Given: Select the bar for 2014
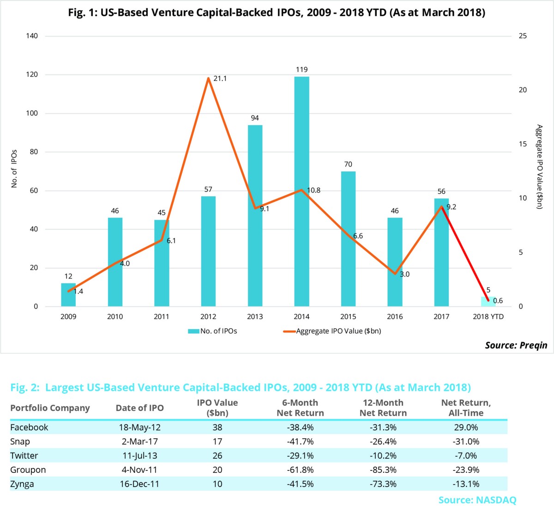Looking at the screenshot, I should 301,194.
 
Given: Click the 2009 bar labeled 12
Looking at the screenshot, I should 68,295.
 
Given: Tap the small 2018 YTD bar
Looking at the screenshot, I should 488,302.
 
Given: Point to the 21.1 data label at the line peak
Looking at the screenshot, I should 220,78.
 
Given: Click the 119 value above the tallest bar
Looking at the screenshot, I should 301,70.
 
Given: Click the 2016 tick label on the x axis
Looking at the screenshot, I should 395,317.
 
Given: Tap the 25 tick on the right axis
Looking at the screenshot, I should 523,36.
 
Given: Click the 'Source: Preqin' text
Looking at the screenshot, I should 516,345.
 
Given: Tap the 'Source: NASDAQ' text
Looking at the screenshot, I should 477,500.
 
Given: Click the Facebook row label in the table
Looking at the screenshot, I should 29,428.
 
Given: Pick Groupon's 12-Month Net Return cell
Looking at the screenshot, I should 383,470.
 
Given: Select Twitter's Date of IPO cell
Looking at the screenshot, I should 139,456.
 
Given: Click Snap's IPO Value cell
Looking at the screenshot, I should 217,442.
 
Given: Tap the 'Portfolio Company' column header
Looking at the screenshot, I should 50,408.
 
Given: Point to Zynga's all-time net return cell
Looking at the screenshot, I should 466,484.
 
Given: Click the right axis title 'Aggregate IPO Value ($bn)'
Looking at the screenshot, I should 539,167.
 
